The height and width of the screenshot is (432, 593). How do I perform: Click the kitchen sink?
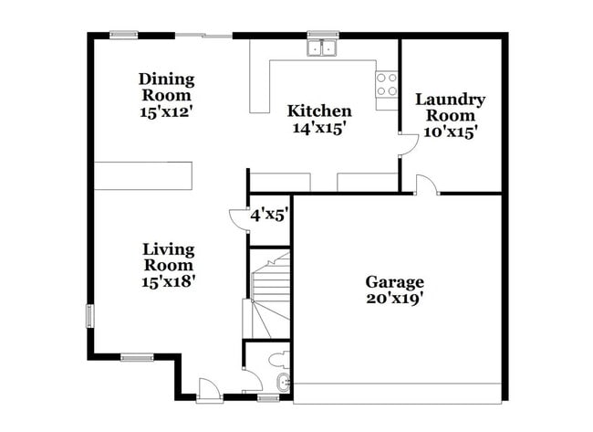[322, 47]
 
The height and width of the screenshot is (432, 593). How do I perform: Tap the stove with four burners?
[387, 85]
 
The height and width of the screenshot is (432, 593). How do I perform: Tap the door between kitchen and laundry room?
[401, 145]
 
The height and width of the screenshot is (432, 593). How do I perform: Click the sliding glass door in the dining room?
[203, 36]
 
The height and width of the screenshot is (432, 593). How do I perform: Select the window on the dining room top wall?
[124, 36]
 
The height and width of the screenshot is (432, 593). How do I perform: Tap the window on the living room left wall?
[89, 315]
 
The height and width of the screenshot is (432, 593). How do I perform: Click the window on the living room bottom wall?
[137, 356]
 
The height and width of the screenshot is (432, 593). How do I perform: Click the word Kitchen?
[319, 111]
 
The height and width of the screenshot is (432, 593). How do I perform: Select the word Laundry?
[450, 100]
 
